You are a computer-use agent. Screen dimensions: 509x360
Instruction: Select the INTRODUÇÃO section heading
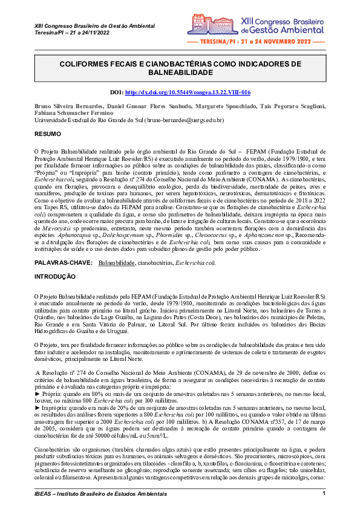point(55,276)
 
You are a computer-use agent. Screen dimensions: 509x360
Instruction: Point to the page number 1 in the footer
point(324,494)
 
